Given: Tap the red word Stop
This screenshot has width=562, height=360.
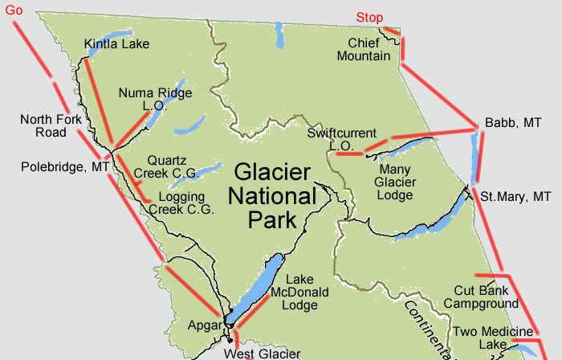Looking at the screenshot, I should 369,18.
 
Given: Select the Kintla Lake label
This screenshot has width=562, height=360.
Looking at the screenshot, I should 117,43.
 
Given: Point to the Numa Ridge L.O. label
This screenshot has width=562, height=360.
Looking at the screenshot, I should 155,99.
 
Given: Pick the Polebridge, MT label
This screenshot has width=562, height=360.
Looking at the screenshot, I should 65,167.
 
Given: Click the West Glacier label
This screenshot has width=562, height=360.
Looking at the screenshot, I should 262,353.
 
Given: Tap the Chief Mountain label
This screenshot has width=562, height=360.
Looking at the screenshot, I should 369,49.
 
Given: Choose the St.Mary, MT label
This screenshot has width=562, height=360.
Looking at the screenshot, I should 515,196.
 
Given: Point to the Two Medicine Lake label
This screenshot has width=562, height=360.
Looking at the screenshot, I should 493,337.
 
